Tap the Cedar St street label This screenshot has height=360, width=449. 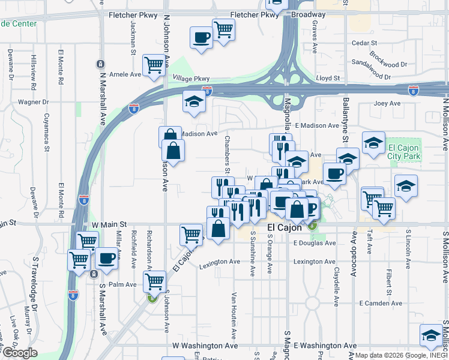[364, 43]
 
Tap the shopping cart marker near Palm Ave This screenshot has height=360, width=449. [154, 280]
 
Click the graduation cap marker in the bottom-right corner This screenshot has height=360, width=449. [430, 335]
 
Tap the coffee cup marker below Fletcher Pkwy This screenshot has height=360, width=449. [201, 37]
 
